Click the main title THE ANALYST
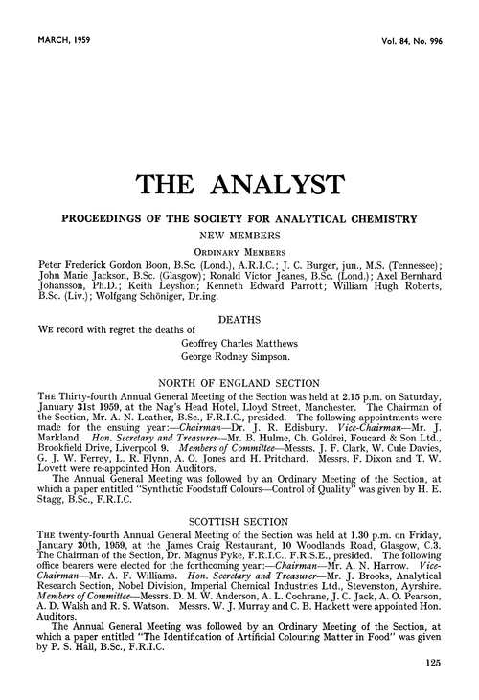239,180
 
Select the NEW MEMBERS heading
239,234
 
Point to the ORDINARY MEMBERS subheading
239,250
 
